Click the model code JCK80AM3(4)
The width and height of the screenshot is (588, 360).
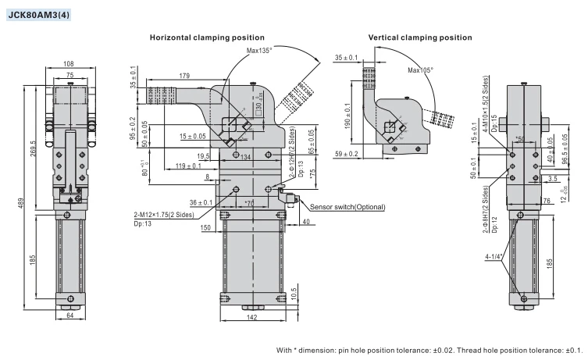(37, 13)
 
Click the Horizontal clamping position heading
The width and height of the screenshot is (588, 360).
(207, 37)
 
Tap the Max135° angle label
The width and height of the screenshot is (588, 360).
(264, 51)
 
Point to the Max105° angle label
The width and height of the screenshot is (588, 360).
(421, 70)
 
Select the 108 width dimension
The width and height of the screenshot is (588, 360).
(69, 63)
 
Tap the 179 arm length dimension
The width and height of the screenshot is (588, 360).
(184, 76)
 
